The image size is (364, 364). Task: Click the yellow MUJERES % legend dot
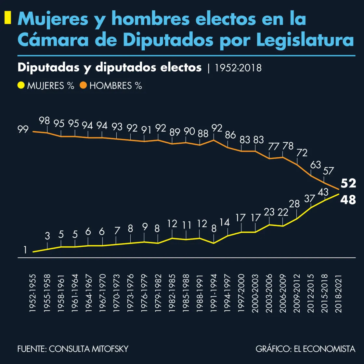click(x=21, y=86)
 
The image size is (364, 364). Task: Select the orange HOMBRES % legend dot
click(x=84, y=86)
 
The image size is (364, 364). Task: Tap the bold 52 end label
click(x=348, y=183)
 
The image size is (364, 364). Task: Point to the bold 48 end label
click(x=348, y=200)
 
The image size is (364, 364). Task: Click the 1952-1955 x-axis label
click(x=33, y=293)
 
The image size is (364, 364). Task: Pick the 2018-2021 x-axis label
click(x=339, y=293)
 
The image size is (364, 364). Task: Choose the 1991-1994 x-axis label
click(x=214, y=293)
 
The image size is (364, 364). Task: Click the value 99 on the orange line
click(x=23, y=129)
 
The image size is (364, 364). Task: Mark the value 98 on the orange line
click(x=44, y=121)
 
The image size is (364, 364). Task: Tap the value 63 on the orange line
click(x=316, y=165)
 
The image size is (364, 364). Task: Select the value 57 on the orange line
click(x=329, y=171)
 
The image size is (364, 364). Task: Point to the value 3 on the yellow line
click(x=47, y=236)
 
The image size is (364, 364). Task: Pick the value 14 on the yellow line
click(x=225, y=223)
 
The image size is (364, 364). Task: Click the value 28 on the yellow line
click(x=294, y=204)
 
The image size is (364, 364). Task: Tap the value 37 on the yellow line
click(x=310, y=198)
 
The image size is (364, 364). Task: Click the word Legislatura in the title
click(x=305, y=40)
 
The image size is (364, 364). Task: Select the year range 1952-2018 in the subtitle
click(x=238, y=68)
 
